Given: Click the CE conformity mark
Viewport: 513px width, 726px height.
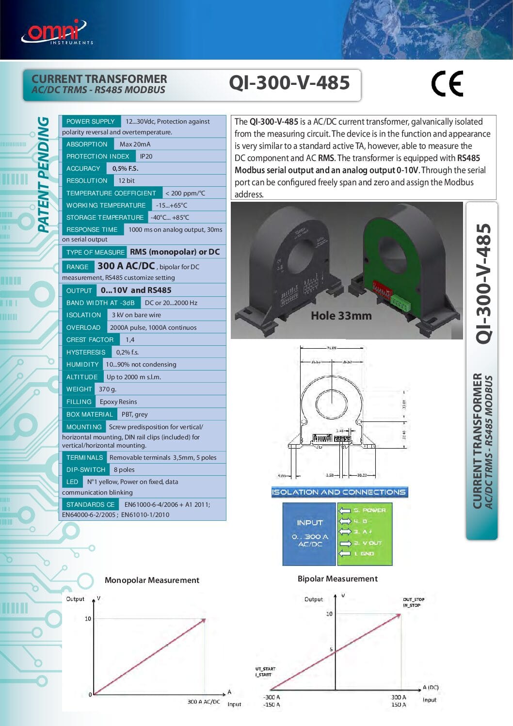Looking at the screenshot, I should [447, 84].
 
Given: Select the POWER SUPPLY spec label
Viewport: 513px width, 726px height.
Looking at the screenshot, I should [90, 121].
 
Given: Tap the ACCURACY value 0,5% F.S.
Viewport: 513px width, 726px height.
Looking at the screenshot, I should [125, 168].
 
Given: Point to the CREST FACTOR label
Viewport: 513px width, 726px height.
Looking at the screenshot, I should [90, 339].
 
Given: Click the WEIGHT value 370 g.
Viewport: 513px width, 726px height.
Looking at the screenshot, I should [108, 389].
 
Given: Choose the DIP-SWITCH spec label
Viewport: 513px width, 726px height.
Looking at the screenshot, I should [86, 469].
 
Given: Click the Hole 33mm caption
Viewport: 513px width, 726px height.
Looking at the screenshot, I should [341, 316].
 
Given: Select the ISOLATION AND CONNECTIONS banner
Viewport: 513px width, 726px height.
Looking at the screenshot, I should [339, 492].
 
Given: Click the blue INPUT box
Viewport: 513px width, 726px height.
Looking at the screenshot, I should [309, 533].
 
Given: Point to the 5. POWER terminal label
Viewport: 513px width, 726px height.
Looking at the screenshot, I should [369, 510].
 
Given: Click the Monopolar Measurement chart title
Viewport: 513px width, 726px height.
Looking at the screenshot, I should [152, 580].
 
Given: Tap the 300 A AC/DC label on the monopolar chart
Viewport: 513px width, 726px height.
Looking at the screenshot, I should [204, 701].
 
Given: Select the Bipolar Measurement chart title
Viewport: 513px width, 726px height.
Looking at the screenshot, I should [337, 579].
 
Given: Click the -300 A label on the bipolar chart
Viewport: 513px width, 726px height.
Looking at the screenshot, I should [272, 697].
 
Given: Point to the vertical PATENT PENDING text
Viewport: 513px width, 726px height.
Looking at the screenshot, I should [44, 175].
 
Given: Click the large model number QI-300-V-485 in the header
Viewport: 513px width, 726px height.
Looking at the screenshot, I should [289, 83].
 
